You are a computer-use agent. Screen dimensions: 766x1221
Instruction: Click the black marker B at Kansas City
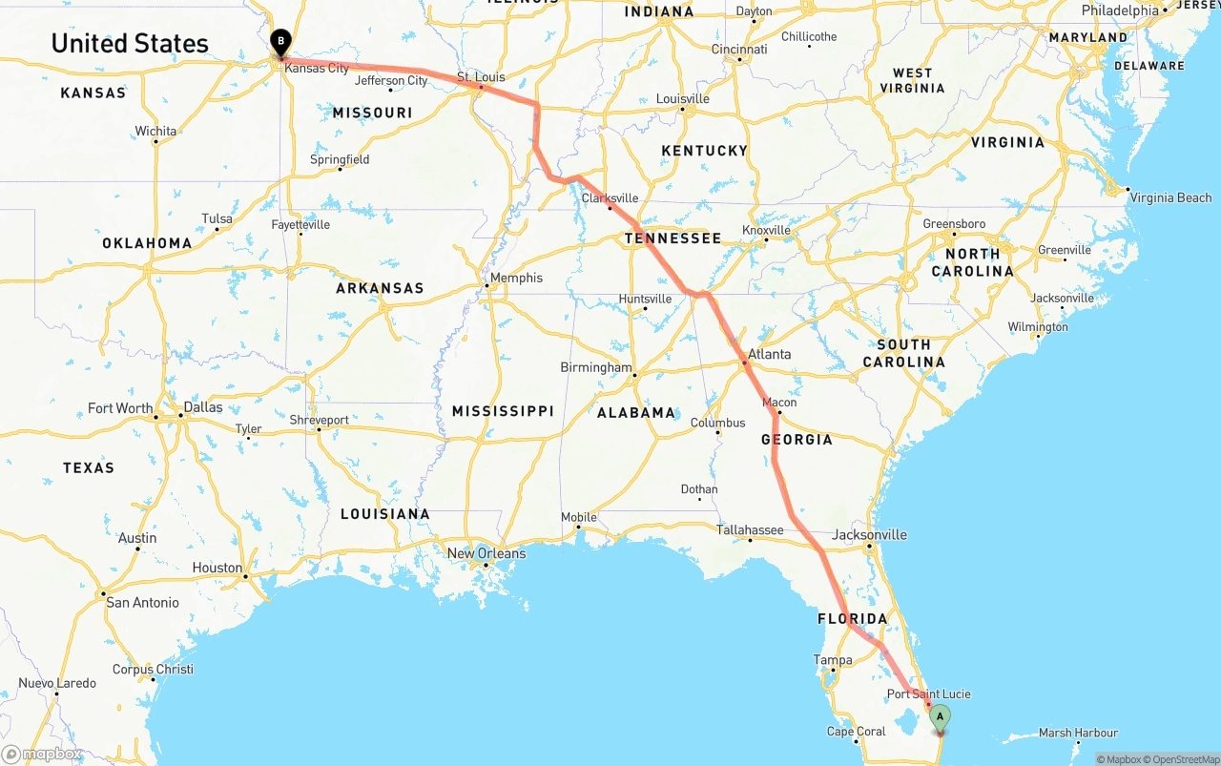(x=280, y=41)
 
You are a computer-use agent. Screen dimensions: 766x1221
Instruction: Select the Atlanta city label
(x=769, y=354)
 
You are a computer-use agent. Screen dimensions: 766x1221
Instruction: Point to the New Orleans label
(x=486, y=553)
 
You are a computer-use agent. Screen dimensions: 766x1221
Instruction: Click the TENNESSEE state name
(x=673, y=238)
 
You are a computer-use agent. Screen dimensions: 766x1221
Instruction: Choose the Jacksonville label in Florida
(x=869, y=534)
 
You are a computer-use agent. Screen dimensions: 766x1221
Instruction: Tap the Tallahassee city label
(x=750, y=529)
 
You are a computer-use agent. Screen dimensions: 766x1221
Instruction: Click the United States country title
(x=130, y=43)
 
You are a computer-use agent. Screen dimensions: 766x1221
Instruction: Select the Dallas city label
(x=202, y=407)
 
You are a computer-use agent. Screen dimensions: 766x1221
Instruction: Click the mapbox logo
(x=42, y=754)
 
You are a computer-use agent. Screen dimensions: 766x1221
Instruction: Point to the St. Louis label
(x=481, y=76)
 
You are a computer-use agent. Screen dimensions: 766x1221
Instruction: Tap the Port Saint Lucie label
(x=929, y=694)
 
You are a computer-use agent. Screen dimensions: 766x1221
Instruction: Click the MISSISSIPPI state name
(x=503, y=410)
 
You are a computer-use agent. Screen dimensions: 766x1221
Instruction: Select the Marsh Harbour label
(x=1078, y=733)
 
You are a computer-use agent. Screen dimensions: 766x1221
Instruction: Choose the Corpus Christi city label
(x=153, y=669)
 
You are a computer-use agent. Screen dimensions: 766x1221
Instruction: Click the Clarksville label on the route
(x=610, y=197)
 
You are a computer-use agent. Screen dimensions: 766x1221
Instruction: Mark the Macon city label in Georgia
(x=779, y=402)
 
